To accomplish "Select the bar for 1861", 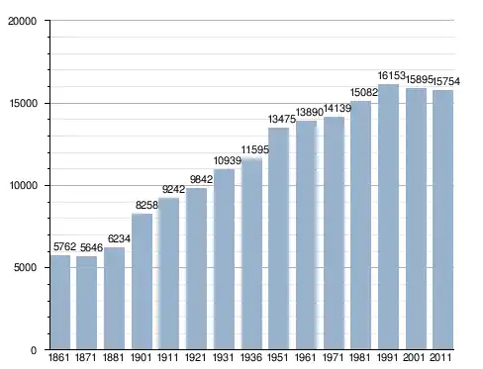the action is (60, 302).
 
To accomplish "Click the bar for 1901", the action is (142, 281).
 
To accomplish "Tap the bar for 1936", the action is (251, 254).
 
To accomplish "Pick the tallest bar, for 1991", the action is (388, 217).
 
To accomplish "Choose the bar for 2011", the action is (442, 220).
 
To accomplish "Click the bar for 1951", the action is (279, 238).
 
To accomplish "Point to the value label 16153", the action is (391, 76).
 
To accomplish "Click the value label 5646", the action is (91, 247).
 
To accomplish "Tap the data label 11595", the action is (255, 149).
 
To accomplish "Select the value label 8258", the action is (146, 205).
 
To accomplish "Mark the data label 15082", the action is (363, 92).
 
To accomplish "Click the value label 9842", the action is (201, 179).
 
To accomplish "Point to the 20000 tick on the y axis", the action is (22, 21).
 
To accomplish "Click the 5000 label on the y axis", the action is (25, 267).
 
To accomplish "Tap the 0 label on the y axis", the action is (34, 350).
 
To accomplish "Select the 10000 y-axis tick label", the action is (23, 185).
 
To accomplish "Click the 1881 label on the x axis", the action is (113, 357).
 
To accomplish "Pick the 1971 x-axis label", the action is (333, 357).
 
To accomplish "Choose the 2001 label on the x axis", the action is (414, 357).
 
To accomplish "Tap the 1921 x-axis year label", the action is (195, 357).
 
